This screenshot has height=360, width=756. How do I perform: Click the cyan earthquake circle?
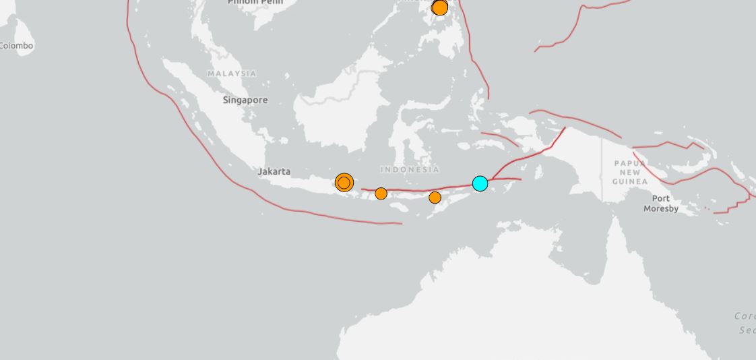[x=480, y=183]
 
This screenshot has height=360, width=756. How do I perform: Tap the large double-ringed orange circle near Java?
[x=344, y=182]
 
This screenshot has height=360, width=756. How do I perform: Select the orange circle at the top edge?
[x=440, y=7]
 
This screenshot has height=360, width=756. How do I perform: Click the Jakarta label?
[x=274, y=172]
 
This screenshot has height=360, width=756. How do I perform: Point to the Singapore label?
[x=245, y=100]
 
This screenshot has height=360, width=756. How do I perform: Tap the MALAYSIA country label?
[x=232, y=73]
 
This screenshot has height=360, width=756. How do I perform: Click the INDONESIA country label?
[x=410, y=170]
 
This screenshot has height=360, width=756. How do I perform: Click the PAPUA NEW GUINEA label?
[x=631, y=173]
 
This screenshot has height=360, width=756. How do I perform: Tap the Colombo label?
[x=16, y=46]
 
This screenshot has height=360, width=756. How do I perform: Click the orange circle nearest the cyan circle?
[x=435, y=198]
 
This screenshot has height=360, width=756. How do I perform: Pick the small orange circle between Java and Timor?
[x=381, y=193]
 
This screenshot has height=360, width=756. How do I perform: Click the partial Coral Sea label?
[x=745, y=323]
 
